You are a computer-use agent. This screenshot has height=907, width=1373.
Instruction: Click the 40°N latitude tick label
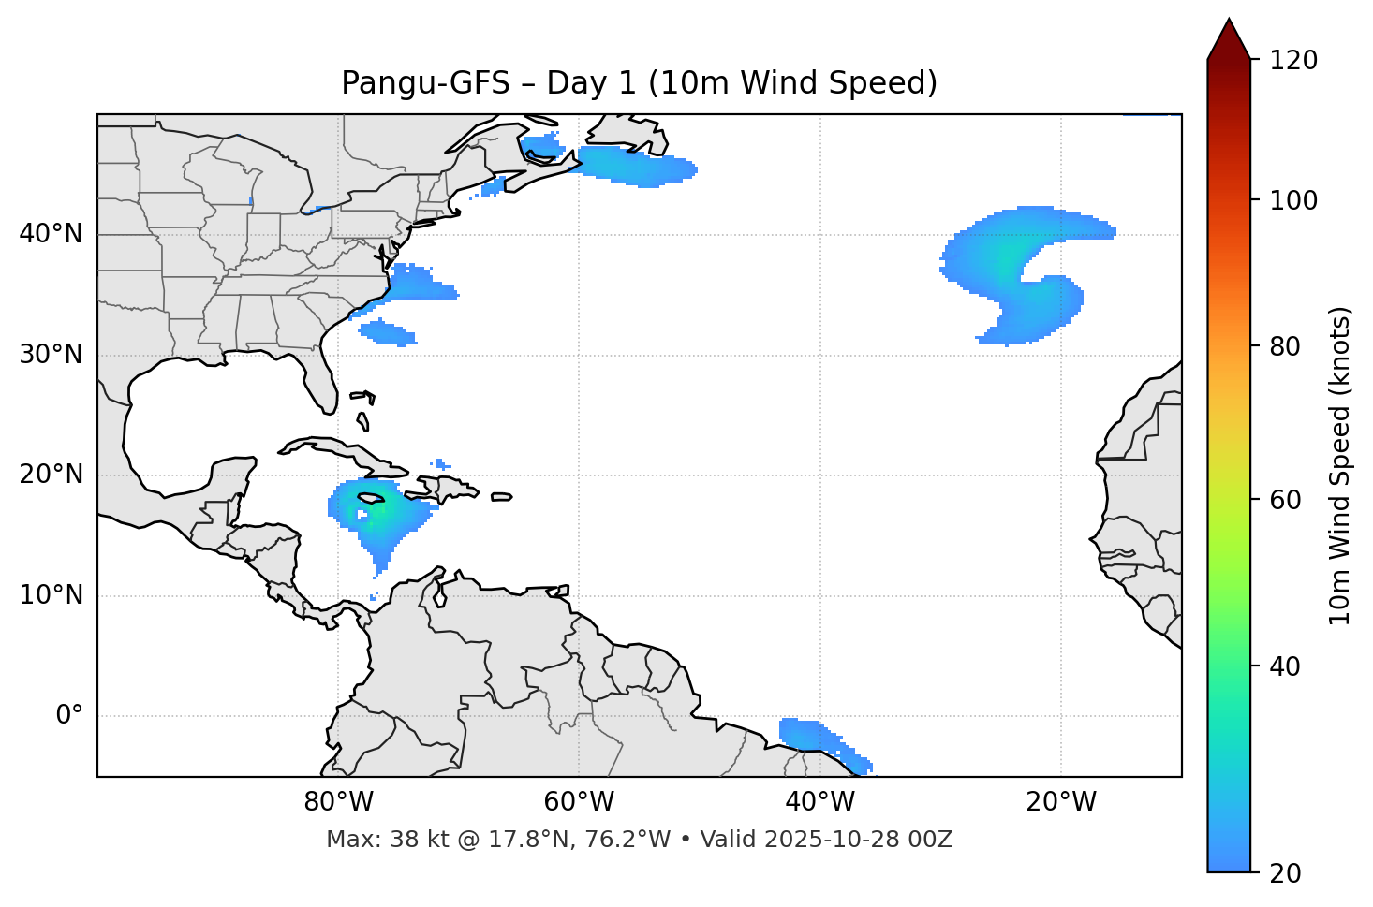(51, 234)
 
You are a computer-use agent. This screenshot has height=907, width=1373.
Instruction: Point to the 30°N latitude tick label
(51, 355)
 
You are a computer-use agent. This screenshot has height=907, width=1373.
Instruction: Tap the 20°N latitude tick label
(51, 475)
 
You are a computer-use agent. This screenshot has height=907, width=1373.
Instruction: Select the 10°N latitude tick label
(51, 595)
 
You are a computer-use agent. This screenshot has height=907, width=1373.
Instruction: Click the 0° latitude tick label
(69, 716)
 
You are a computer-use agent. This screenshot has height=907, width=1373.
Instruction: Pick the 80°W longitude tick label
(338, 802)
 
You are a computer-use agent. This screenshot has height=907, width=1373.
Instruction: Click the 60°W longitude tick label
(579, 802)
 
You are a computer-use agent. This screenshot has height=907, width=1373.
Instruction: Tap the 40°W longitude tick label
(819, 802)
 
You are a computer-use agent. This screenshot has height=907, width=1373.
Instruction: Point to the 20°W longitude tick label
(1061, 802)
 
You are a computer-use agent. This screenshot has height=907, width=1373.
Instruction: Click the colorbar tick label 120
(1292, 61)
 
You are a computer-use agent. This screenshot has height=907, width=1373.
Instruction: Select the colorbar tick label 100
(1292, 200)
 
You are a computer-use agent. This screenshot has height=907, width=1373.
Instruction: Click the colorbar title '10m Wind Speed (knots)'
(1340, 466)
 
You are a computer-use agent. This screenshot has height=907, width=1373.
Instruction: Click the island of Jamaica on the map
(371, 498)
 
